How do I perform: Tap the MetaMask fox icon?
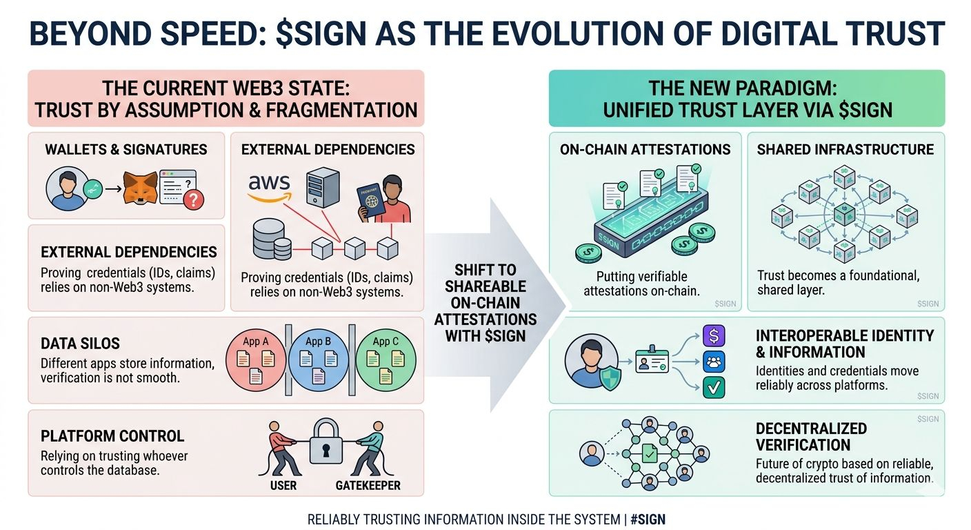(x=139, y=188)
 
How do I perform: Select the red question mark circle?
(x=195, y=200)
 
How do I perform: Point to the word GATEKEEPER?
(x=368, y=485)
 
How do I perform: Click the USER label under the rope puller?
(x=283, y=485)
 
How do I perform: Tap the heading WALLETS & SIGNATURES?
(x=126, y=149)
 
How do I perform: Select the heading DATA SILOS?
(x=80, y=344)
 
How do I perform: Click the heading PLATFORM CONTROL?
(x=112, y=436)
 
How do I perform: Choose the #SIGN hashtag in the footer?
(x=648, y=519)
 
